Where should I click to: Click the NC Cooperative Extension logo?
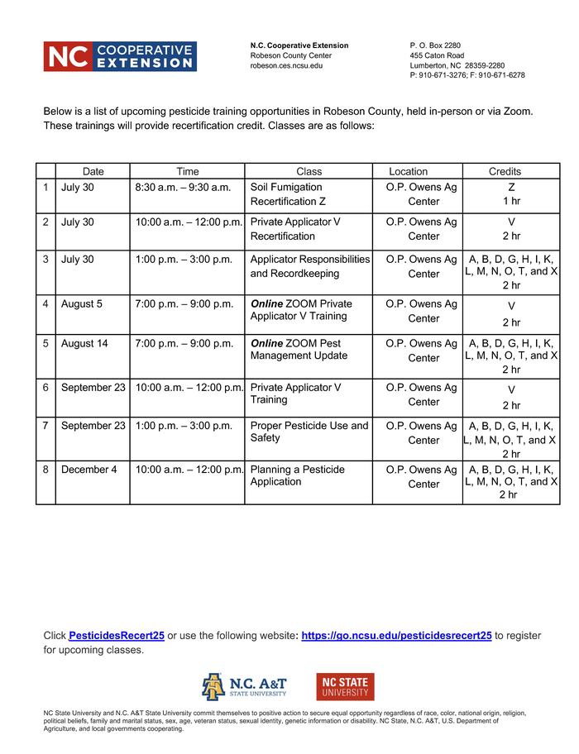pos(120,56)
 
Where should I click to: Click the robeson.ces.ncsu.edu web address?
pos(286,65)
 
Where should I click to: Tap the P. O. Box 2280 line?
pos(435,45)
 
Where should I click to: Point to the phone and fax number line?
pos(467,75)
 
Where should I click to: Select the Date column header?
pos(93,171)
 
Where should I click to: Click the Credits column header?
pos(505,171)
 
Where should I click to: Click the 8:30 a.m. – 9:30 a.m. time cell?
pos(183,188)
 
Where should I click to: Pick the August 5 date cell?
pos(82,304)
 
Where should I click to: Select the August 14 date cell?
pos(84,344)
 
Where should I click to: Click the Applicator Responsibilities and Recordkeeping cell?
pos(309,266)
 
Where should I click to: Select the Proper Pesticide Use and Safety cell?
pos(309,432)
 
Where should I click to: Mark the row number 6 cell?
pos(46,387)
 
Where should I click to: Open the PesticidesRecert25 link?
pos(117,636)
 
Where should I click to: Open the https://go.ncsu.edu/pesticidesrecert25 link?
pos(396,636)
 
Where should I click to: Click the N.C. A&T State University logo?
pos(244,686)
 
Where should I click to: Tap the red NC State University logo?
pos(345,686)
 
